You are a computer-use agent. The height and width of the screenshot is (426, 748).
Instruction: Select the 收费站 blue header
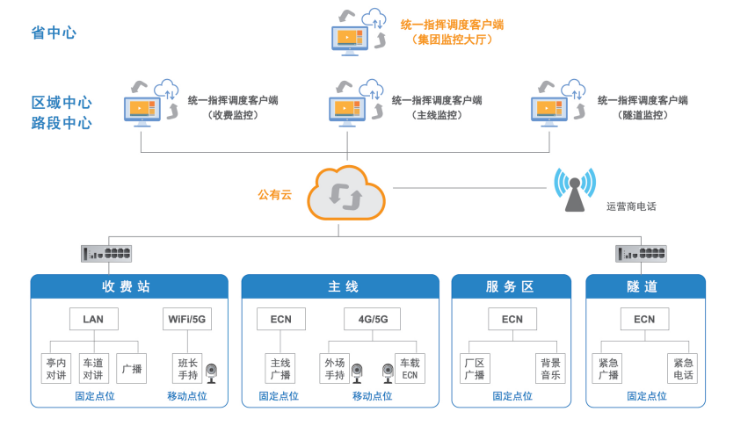pyautogui.click(x=129, y=286)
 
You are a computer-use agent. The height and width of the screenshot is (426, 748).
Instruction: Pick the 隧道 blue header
pyautogui.click(x=644, y=286)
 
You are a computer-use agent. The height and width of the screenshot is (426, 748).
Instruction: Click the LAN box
pyautogui.click(x=94, y=319)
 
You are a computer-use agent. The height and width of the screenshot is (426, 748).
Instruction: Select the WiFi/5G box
pyautogui.click(x=187, y=319)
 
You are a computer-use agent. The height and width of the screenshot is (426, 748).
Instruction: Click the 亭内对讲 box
pyautogui.click(x=56, y=368)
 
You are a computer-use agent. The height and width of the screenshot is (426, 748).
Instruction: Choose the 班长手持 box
pyautogui.click(x=187, y=368)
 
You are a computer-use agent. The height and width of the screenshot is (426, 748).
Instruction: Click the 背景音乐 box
pyautogui.click(x=550, y=368)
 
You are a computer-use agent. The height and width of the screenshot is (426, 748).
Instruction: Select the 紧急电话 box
pyautogui.click(x=683, y=368)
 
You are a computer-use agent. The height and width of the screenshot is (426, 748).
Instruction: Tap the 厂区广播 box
pyautogui.click(x=475, y=368)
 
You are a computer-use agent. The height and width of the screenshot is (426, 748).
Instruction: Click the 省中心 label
pyautogui.click(x=54, y=32)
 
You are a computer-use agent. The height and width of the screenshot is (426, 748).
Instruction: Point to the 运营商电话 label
pyautogui.click(x=631, y=206)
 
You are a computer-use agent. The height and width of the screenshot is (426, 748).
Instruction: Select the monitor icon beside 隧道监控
pyautogui.click(x=552, y=109)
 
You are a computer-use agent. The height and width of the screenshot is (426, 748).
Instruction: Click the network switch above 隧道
pyautogui.click(x=641, y=253)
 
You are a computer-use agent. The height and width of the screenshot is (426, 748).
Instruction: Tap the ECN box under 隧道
pyautogui.click(x=644, y=319)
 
